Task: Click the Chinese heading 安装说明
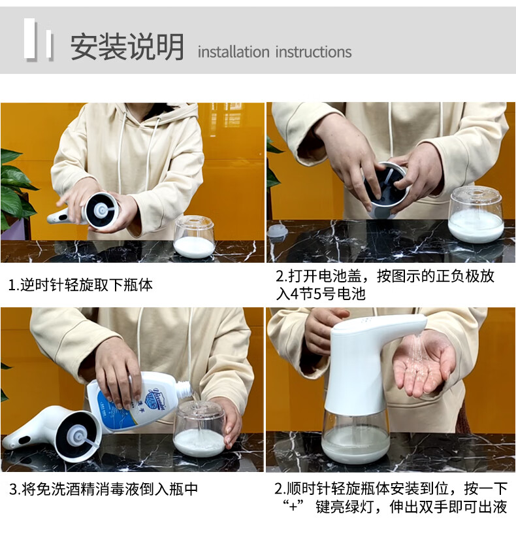(x=127, y=47)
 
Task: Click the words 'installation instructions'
(x=274, y=52)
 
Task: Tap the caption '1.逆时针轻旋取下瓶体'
(x=80, y=285)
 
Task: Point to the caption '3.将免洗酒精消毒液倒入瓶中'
(x=104, y=489)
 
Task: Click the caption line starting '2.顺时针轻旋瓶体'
(x=391, y=488)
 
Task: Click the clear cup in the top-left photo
(x=195, y=237)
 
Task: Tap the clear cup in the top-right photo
(x=476, y=214)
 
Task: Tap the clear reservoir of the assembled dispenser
(x=357, y=435)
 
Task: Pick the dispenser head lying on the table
(x=54, y=434)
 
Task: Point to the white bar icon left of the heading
(x=38, y=40)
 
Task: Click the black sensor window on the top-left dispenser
(x=63, y=217)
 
